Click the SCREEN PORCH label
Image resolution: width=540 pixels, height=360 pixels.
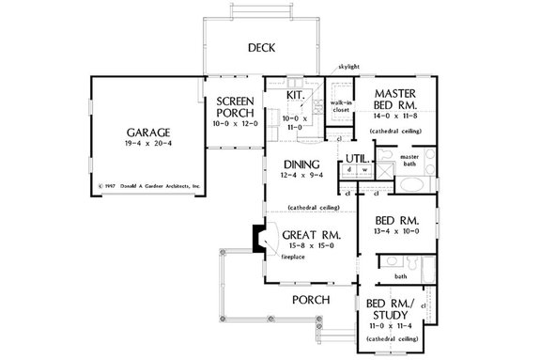pos(230,107)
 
